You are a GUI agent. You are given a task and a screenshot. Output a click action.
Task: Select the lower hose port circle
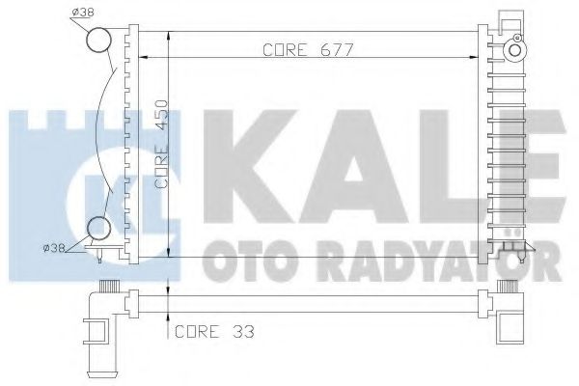[x=99, y=230]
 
